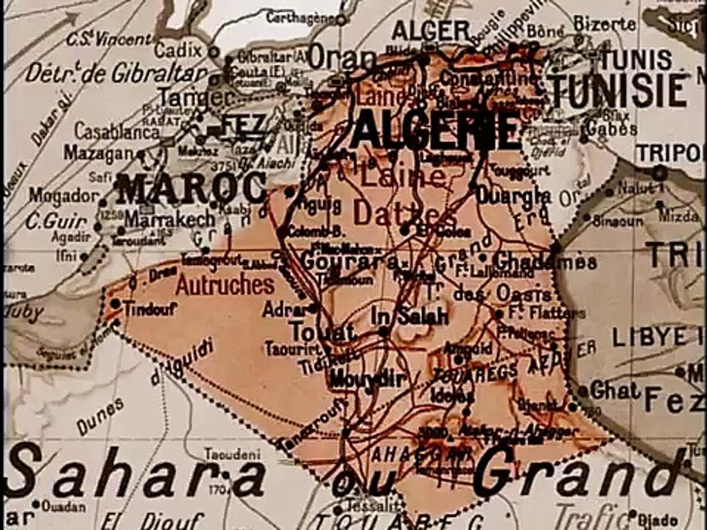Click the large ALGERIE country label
coord(435,130)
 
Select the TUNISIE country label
coord(619,91)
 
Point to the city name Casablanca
coord(117,131)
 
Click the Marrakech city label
coord(169,219)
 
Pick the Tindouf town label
coord(150,309)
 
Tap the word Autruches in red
coord(225,285)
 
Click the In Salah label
coord(409,317)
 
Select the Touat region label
coord(322,332)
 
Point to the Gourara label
coord(348,261)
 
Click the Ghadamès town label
coord(544,261)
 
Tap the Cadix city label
coord(178,50)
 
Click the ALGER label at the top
coord(432,30)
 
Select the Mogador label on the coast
coord(63,196)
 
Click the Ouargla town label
coord(513,195)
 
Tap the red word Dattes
coord(394,213)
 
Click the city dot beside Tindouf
coord(116,303)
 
